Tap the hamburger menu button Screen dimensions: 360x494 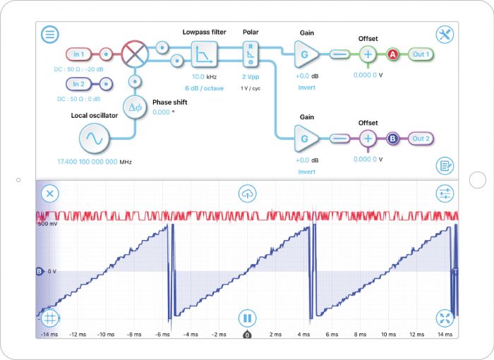(49, 34)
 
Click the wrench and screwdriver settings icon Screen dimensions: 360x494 (445, 35)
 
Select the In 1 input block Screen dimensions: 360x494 (78, 54)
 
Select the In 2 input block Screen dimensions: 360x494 (78, 84)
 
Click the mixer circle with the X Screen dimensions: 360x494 (132, 54)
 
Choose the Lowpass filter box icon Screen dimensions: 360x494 (203, 54)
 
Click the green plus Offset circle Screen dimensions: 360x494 (368, 54)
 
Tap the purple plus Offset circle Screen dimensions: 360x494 (368, 138)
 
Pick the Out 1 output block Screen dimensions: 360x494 (421, 54)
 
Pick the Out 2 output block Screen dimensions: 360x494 (421, 138)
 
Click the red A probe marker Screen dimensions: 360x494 (392, 54)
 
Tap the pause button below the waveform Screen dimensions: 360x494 (247, 318)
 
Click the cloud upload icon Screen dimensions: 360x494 (247, 193)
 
